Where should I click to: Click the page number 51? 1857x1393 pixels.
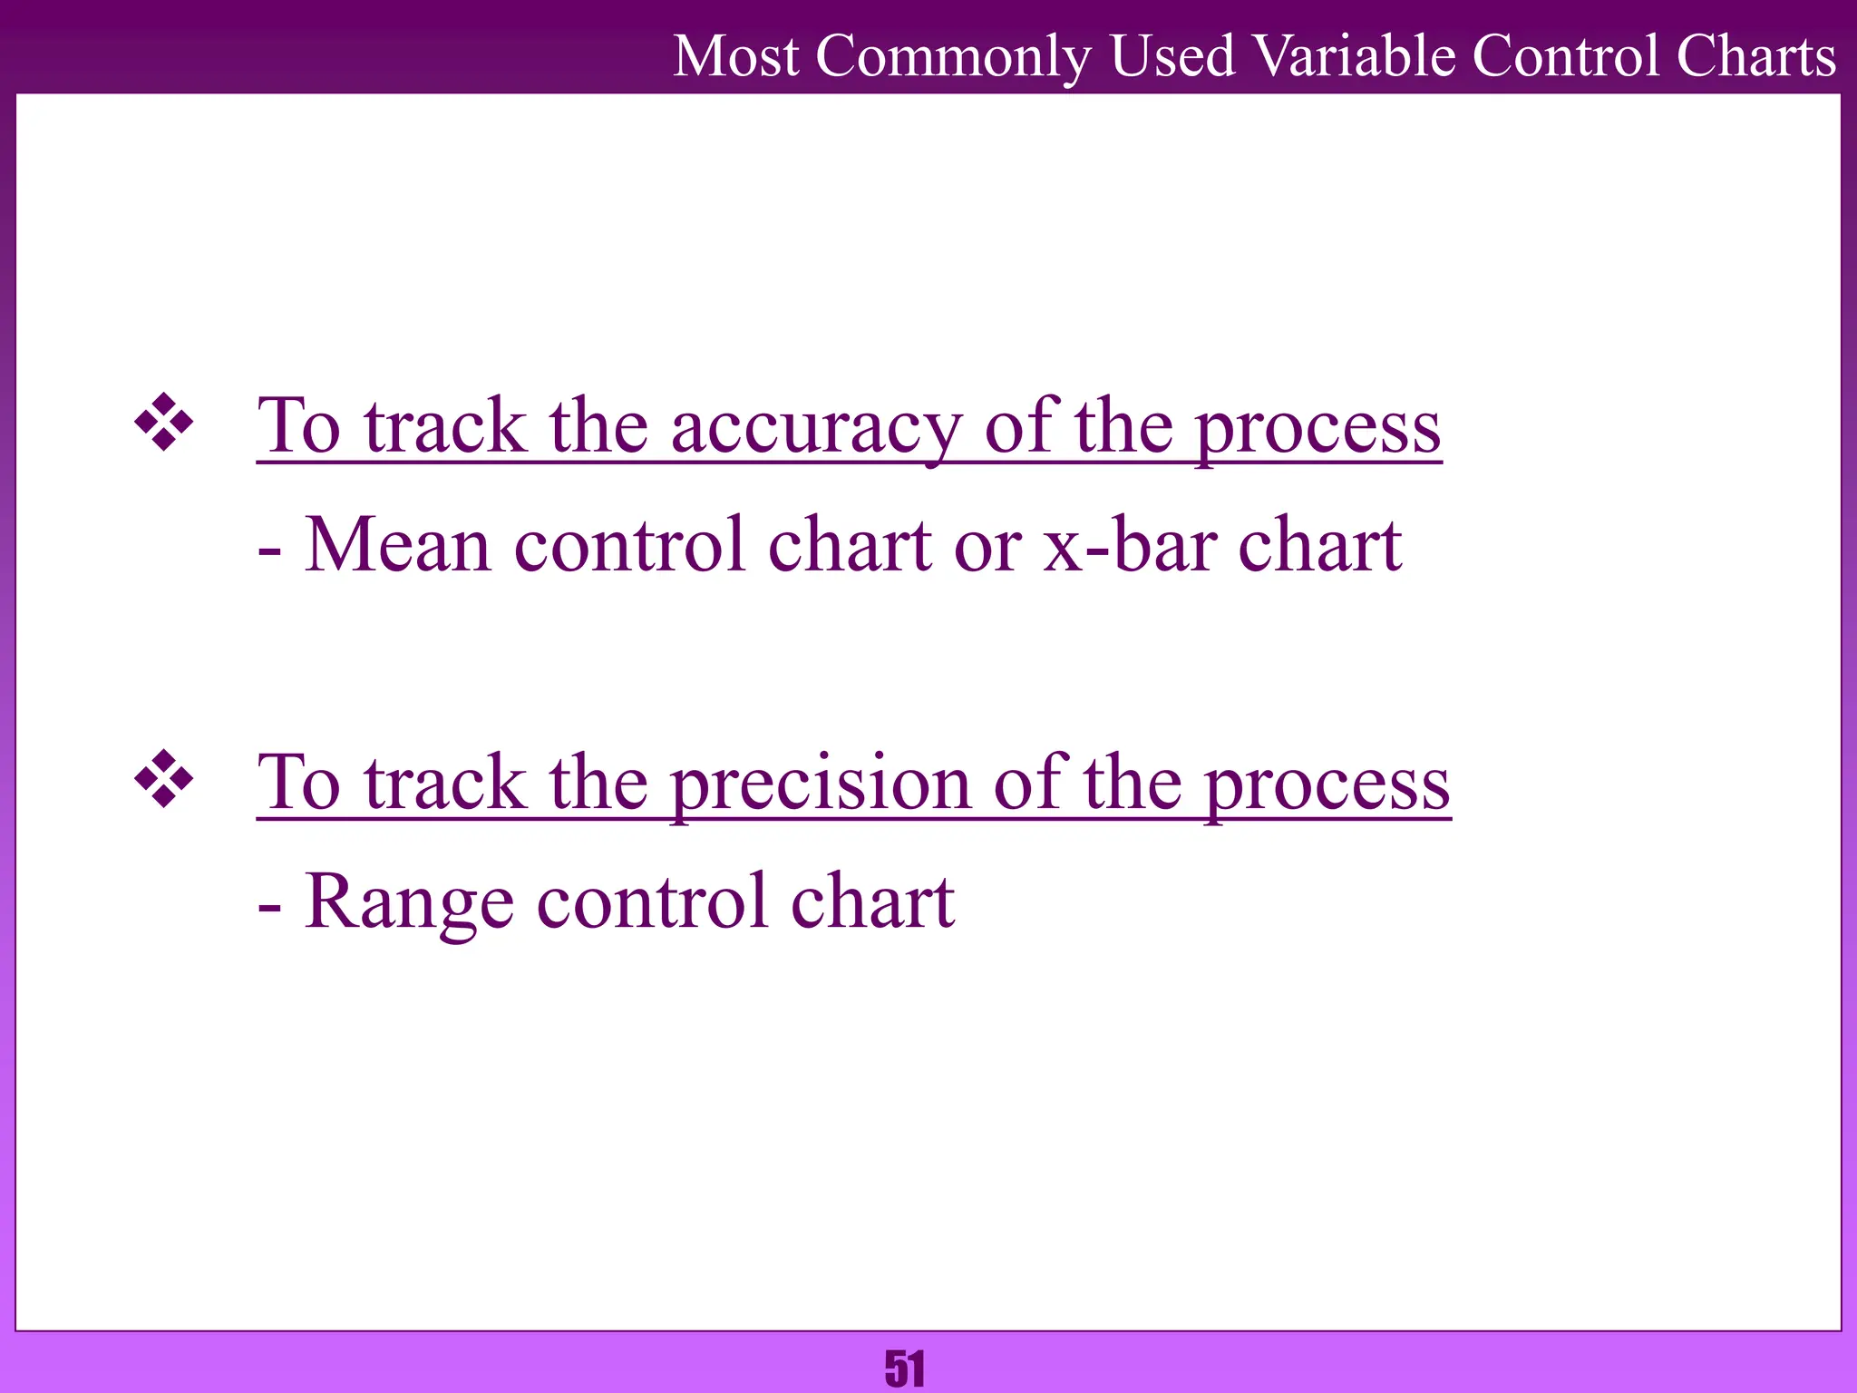coord(905,1369)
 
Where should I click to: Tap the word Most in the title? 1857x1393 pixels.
coord(736,56)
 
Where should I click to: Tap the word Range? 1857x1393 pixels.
coord(409,902)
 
